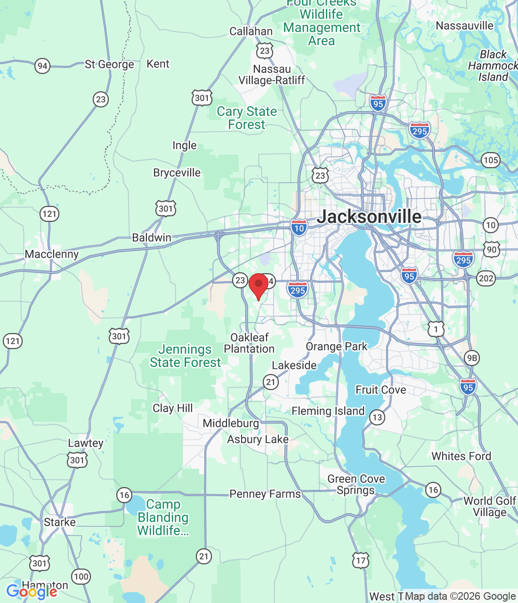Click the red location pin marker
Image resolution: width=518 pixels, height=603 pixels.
pos(259,285)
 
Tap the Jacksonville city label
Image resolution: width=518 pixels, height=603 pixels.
pos(369,217)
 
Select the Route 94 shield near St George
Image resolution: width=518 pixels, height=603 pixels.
pos(42,65)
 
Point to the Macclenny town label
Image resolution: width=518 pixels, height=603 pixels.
pos(52,254)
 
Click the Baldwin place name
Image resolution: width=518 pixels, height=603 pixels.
pos(152,238)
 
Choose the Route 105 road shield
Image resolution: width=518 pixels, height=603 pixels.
pos(491,160)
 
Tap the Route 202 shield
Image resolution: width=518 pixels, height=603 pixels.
pos(486,278)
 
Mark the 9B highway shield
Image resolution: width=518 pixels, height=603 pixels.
pos(472,358)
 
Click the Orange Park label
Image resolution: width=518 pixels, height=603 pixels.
pos(336,347)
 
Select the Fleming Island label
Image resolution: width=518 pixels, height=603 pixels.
pos(328,411)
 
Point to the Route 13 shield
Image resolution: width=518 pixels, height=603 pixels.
pos(377,417)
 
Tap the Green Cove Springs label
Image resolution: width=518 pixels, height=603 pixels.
pos(356,485)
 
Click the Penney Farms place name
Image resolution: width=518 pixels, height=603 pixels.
pos(265,494)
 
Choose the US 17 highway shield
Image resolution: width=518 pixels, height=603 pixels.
pos(361,561)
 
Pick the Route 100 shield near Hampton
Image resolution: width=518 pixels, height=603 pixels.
pos(81,577)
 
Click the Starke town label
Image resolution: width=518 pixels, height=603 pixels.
pos(60,522)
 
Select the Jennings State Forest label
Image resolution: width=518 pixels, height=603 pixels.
pos(185,356)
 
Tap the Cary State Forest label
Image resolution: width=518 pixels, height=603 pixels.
pos(247,118)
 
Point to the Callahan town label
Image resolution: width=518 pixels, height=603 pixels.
pos(251,32)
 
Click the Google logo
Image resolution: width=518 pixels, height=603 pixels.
pos(32,592)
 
